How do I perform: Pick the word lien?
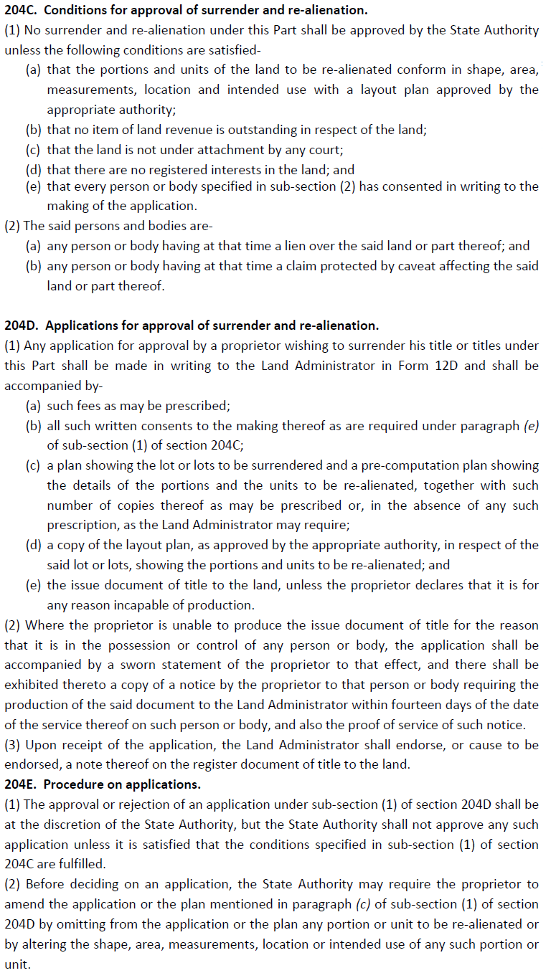[322, 246]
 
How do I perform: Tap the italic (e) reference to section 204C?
[530, 425]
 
